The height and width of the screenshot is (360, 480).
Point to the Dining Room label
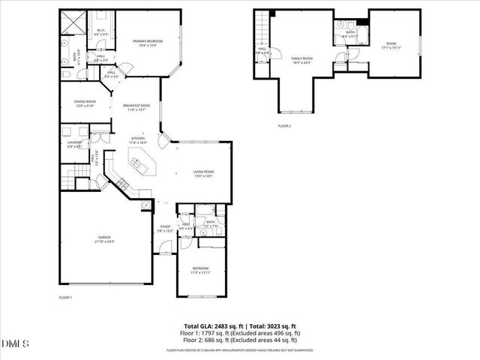tap(85, 103)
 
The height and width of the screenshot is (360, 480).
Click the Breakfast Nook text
tap(136, 107)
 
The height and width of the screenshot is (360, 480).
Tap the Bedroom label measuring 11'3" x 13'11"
tap(200, 270)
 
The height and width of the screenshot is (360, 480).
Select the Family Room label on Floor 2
tap(301, 60)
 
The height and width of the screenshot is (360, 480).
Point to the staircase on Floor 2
tap(261, 30)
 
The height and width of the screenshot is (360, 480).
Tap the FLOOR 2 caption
tap(284, 126)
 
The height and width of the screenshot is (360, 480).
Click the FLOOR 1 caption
tap(65, 298)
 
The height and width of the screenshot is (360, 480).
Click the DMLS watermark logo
tap(16, 343)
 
